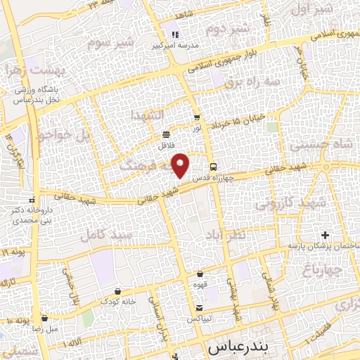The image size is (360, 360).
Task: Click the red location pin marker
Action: point(182,165)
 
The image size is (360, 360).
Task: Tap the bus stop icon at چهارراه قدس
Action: point(213,166)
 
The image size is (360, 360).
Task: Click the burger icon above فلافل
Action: point(166,134)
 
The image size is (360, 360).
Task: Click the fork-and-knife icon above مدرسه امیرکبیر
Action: point(175,34)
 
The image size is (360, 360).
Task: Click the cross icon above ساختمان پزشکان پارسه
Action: point(324,234)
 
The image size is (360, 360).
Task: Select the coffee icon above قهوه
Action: point(200,274)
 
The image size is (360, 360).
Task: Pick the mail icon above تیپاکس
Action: point(200,308)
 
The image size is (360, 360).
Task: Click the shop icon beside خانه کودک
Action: point(117,291)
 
